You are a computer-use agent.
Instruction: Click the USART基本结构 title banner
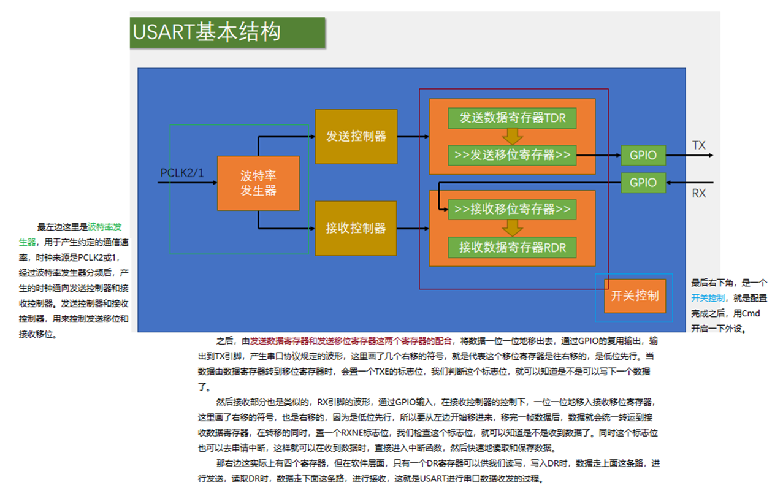(227, 32)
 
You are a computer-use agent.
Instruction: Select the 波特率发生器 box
(258, 183)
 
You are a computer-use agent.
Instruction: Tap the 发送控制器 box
(356, 137)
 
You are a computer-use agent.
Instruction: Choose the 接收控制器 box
(356, 228)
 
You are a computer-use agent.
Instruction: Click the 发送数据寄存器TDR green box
(513, 118)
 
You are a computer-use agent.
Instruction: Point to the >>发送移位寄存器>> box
(513, 155)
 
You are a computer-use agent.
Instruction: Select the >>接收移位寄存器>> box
(513, 210)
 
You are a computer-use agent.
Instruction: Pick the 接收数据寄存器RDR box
(513, 248)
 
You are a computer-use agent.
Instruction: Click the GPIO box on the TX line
(643, 155)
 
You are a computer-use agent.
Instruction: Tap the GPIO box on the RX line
(643, 183)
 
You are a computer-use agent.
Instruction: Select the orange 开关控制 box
(635, 295)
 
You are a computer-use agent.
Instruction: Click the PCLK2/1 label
(181, 173)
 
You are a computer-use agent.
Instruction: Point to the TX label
(699, 145)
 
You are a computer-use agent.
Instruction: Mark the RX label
(699, 193)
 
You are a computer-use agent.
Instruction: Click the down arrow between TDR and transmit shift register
(513, 137)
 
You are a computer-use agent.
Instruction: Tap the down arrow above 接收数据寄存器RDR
(513, 228)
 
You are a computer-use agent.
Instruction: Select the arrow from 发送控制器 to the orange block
(413, 137)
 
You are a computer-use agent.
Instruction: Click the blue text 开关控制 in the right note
(708, 298)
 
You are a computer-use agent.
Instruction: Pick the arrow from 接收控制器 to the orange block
(413, 229)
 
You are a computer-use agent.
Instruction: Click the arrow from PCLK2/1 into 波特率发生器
(188, 183)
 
